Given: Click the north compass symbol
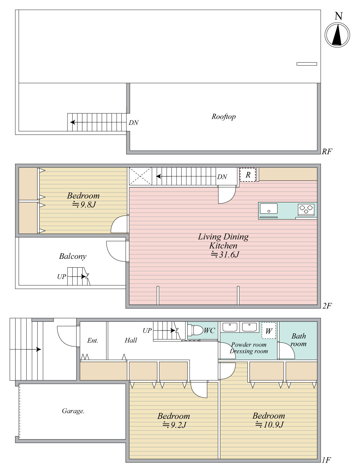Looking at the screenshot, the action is pos(337,35).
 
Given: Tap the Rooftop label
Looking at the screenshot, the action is pos(223,117).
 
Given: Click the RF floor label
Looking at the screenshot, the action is pos(327,151).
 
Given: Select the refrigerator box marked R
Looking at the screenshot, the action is pos(248,174).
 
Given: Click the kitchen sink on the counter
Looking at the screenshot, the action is pos(268,209).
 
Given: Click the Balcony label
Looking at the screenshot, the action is pos(73,256).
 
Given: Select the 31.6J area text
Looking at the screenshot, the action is pos(225,254).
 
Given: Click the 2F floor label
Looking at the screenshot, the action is pos(327,306).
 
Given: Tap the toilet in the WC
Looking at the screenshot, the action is pos(196,330).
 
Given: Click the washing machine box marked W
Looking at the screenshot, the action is pos(269,331).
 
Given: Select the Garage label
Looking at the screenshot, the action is pos(73,411).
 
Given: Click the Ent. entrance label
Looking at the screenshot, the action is pos(93,340).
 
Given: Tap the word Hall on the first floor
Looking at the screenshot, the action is pos(131,340).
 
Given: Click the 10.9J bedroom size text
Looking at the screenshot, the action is pos(269,425).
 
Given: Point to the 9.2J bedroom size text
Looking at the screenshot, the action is pos(175,425).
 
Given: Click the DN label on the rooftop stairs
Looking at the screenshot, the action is pos(133,123).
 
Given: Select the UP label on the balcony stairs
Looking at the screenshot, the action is pos(61,276).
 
